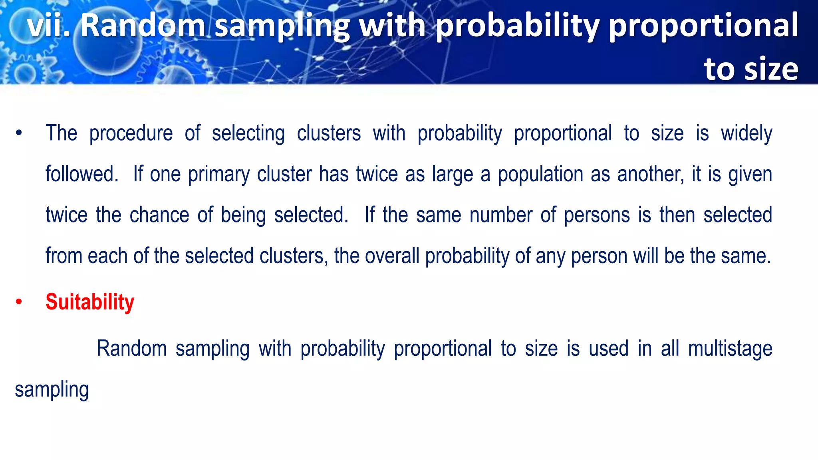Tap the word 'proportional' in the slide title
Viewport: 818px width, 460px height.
[x=703, y=26]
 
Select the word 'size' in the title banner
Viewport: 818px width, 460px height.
[x=771, y=69]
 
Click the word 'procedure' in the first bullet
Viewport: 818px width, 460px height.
[x=131, y=133]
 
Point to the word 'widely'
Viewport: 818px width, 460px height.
[x=746, y=133]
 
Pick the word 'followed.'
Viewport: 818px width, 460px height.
[x=82, y=174]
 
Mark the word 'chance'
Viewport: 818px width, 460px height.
[x=159, y=215]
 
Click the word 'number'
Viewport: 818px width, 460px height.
[x=501, y=215]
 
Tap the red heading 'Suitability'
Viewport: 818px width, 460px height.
[x=90, y=302]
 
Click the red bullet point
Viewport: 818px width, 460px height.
[x=19, y=302]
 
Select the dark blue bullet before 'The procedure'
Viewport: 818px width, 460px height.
[x=19, y=133]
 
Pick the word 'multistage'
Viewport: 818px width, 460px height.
[x=730, y=349]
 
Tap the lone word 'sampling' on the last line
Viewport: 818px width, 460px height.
[x=52, y=390]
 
